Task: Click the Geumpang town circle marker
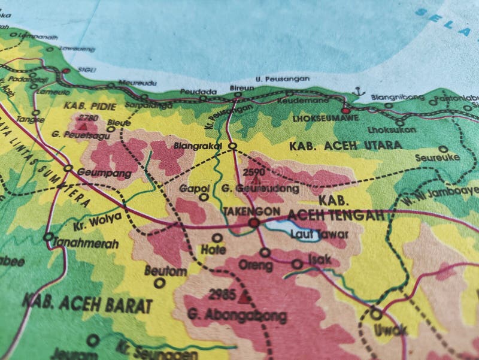68,169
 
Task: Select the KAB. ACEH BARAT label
87,303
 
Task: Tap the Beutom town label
166,271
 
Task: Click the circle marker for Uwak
376,313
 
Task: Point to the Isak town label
319,259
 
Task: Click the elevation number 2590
254,171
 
